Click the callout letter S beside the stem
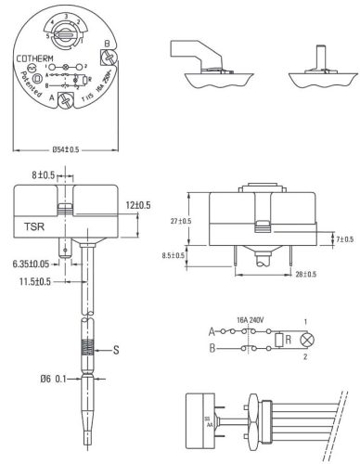115,350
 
